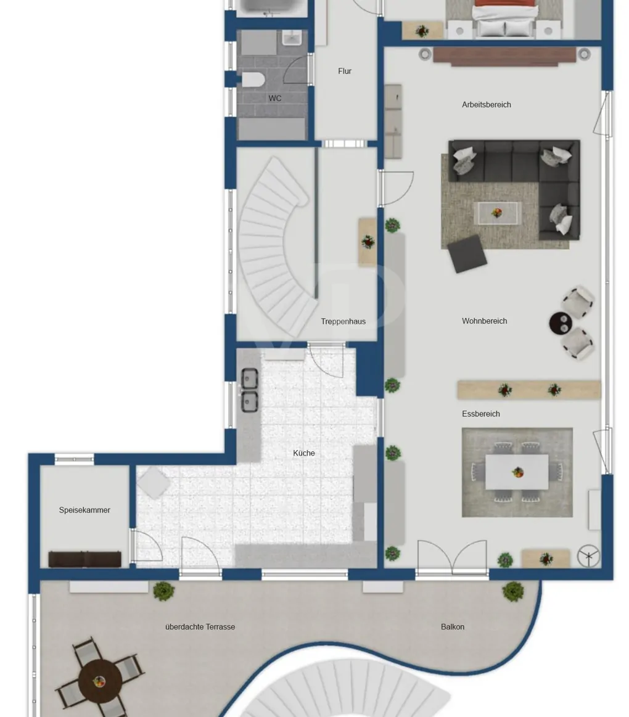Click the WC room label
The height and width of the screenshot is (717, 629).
point(275,98)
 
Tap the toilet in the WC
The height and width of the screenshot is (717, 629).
point(253,80)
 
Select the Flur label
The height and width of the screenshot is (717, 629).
point(345,71)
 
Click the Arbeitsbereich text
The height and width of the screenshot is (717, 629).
point(486,105)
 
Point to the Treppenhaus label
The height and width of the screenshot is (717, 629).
point(343,321)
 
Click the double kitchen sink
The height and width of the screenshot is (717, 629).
point(249,390)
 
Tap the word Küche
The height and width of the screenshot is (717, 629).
point(303,453)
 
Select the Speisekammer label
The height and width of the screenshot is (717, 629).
point(84,510)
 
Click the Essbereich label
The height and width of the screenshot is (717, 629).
point(481,414)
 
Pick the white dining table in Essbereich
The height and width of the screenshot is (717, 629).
point(517,472)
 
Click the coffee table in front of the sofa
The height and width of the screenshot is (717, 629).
point(498,213)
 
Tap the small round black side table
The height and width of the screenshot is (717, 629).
point(561,324)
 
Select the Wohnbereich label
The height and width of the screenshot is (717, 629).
point(484,321)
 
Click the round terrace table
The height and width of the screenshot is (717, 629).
point(99,681)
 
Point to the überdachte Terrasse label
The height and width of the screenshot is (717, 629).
point(200,627)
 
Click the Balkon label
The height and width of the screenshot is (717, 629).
point(453,627)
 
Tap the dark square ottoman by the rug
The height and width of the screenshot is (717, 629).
point(467,253)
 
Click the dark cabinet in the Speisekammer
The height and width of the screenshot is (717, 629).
point(85,559)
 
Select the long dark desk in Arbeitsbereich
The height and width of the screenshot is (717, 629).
point(504,55)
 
